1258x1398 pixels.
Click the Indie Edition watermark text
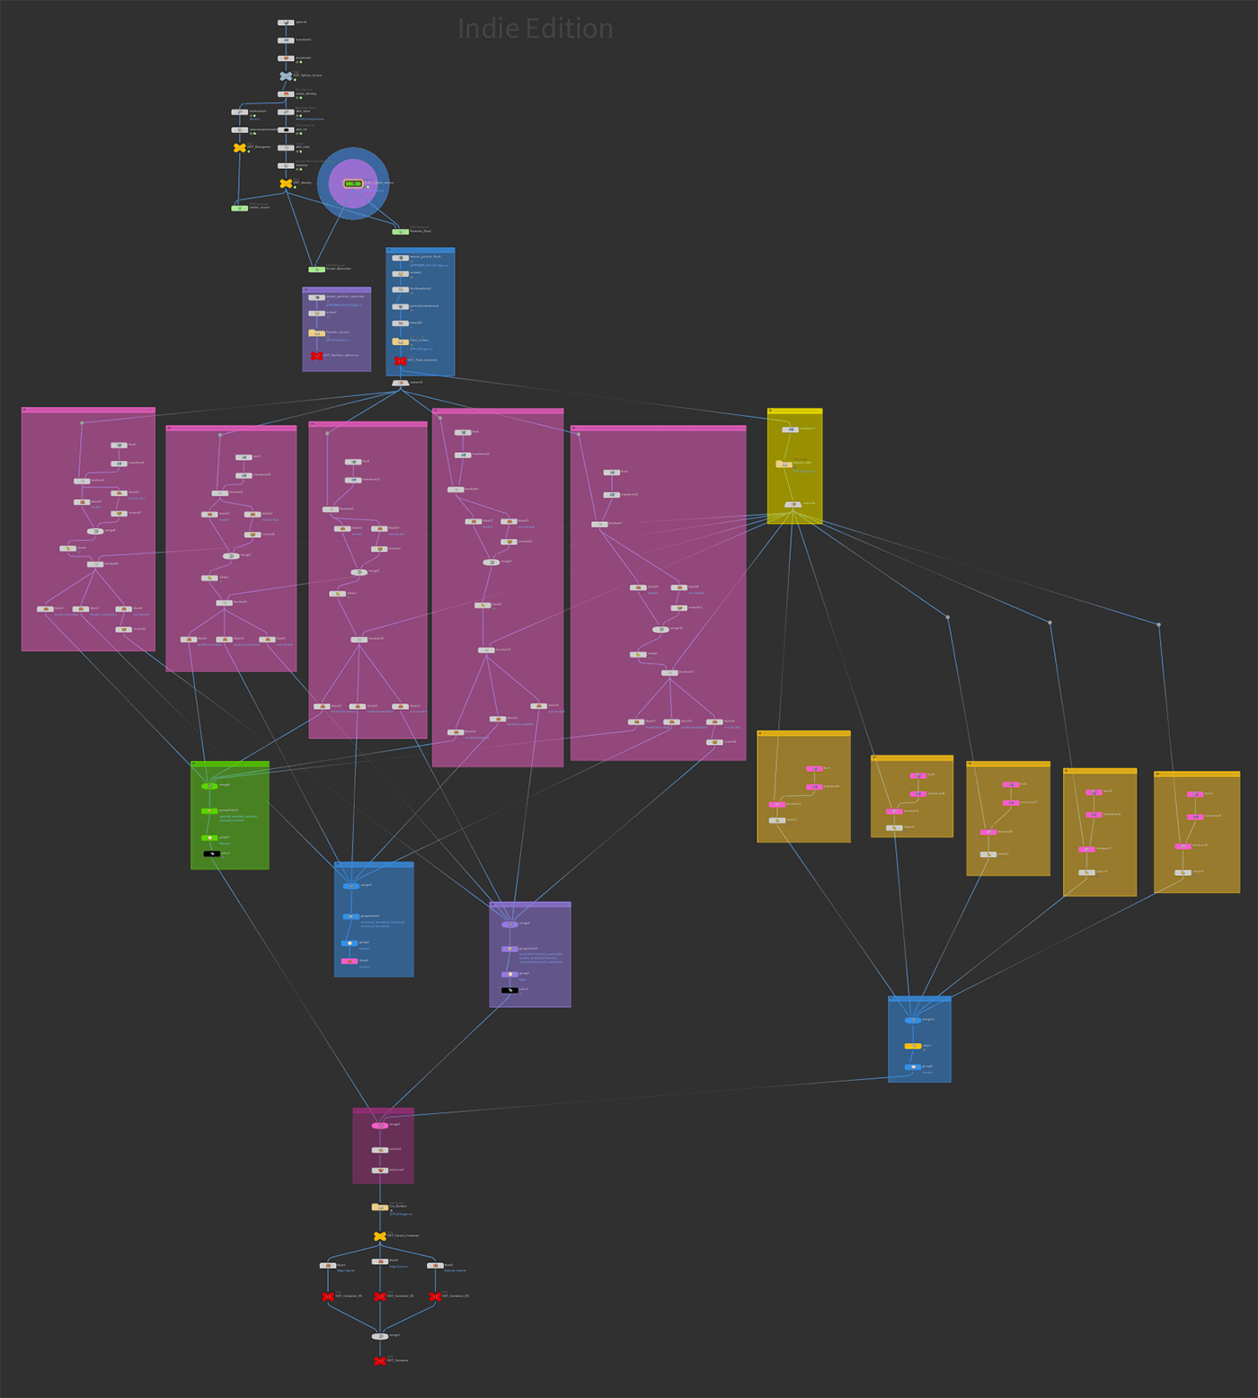[x=536, y=29]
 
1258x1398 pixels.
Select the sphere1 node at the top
[x=286, y=22]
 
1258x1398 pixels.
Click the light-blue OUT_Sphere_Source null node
[x=286, y=76]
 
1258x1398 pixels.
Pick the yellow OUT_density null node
[x=286, y=183]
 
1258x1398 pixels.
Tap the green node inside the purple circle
[x=353, y=183]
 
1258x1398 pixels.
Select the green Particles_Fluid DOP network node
[x=400, y=232]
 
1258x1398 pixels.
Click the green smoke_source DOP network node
[x=240, y=208]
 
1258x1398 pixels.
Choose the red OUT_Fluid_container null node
[x=401, y=360]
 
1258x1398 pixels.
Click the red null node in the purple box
[x=316, y=356]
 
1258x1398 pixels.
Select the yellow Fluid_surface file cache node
[x=401, y=341]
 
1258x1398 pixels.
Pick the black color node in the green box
[x=211, y=854]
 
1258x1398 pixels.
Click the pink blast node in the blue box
[x=350, y=961]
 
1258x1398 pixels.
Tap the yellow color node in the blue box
[x=913, y=1046]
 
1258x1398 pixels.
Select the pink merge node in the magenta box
[x=380, y=1125]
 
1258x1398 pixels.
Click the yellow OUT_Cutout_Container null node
[x=380, y=1236]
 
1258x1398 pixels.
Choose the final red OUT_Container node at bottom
[x=380, y=1361]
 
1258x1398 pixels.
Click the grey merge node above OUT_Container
[x=380, y=1336]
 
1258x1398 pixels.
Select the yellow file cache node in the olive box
[x=784, y=465]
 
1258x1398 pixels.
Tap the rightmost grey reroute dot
[x=1158, y=624]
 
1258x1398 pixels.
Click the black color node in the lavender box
[x=509, y=990]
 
